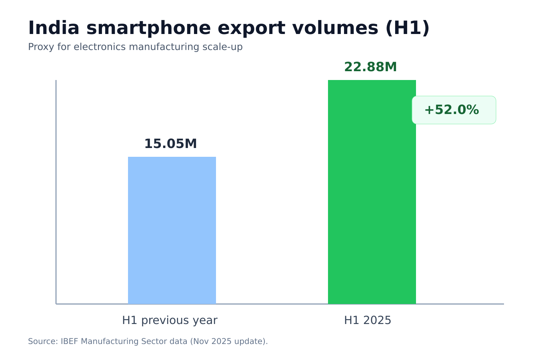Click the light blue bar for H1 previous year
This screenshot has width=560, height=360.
point(172,230)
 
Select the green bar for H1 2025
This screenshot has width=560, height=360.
point(372,192)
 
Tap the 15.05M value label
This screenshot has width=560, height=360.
point(170,144)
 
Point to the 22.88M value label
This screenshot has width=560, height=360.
point(370,67)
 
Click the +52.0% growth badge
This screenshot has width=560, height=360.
point(454,110)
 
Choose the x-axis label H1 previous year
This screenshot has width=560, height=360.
point(170,320)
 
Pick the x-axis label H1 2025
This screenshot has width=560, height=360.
point(368,320)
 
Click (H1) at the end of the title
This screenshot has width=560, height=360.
point(407,28)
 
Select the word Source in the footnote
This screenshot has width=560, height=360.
point(42,342)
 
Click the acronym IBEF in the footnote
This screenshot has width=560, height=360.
point(70,342)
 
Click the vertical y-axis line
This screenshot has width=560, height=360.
point(56,192)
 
